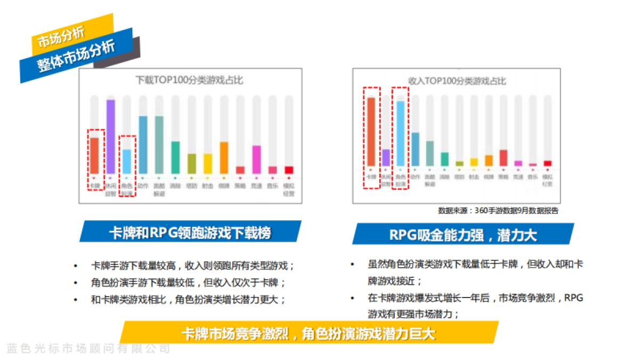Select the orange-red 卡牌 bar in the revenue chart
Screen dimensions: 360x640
coord(371,131)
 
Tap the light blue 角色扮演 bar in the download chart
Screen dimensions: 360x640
coord(126,161)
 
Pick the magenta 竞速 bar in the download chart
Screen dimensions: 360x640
coord(257,159)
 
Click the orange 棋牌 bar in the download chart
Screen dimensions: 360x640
coord(224,157)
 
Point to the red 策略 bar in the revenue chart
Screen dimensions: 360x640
coord(503,158)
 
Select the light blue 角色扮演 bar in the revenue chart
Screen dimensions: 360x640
coord(401,133)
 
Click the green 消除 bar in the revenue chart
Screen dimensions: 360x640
coord(444,159)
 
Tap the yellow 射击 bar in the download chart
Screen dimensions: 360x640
coord(208,163)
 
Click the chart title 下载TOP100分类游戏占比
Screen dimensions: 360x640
coord(189,81)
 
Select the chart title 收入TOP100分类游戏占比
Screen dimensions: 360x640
coord(457,81)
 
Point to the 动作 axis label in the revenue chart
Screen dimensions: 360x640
coord(415,177)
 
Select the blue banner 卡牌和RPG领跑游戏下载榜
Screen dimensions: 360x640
coord(190,233)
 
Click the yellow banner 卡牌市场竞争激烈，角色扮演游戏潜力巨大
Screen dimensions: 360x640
coord(308,334)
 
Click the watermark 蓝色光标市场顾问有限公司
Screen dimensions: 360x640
coord(89,349)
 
